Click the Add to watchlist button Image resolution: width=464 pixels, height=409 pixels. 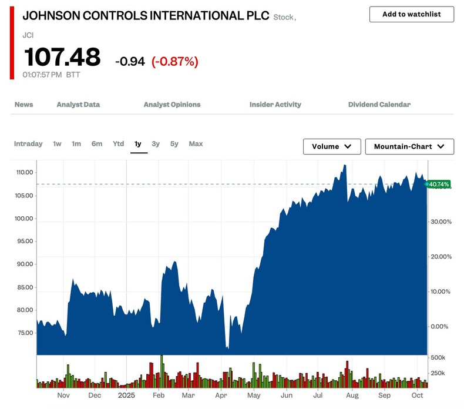coord(411,14)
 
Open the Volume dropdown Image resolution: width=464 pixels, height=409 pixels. coord(332,146)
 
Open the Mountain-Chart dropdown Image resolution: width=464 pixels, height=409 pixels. coord(409,146)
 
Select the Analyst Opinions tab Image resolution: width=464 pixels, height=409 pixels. coord(172,105)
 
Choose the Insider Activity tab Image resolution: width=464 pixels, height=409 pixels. coord(275,105)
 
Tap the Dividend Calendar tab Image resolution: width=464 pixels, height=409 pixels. coord(379,105)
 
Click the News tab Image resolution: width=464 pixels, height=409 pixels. coord(23,105)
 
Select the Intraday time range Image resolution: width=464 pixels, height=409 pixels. coord(28,144)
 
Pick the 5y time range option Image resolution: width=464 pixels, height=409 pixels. coord(174,144)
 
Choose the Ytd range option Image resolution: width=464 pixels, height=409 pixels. coord(118,144)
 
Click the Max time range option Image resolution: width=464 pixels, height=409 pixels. coord(196,144)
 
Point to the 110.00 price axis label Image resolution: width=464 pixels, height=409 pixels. coord(25,173)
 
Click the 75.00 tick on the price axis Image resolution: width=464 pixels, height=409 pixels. coord(25,333)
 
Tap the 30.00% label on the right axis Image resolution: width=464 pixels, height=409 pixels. coord(441,222)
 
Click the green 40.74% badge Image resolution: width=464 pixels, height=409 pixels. coord(439,185)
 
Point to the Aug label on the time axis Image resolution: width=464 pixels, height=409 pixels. coord(351,396)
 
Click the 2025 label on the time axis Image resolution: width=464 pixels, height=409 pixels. coord(126,396)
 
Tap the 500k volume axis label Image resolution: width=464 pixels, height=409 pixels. coord(438,358)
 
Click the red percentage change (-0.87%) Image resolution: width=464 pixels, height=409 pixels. coord(174,61)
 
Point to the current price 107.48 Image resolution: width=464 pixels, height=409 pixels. coord(62,58)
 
